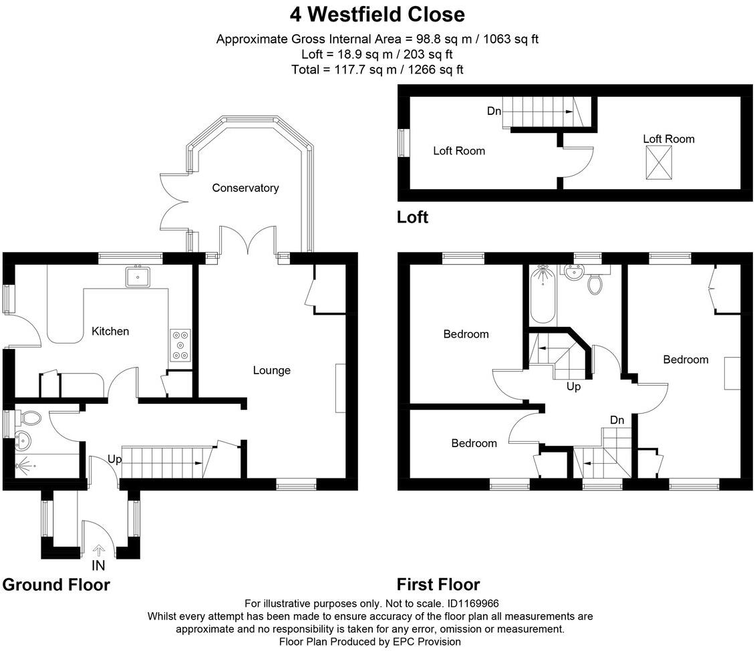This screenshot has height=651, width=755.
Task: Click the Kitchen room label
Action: (x=110, y=331)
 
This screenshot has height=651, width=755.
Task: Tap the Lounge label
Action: (x=271, y=370)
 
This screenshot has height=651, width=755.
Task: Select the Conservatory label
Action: (x=245, y=188)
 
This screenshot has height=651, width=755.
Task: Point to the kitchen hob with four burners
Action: (x=180, y=346)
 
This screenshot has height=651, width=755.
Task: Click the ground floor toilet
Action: (x=29, y=418)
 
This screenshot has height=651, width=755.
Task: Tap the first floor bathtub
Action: (x=542, y=294)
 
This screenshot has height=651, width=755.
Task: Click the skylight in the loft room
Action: (x=658, y=162)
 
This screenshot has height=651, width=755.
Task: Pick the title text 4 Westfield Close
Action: (x=377, y=14)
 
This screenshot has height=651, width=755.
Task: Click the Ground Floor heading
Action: (x=56, y=585)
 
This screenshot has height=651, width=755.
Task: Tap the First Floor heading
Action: (x=438, y=585)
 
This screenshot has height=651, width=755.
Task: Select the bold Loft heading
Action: (x=412, y=217)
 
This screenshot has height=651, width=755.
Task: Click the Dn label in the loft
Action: (x=494, y=112)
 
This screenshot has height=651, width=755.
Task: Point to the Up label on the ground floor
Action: (x=114, y=460)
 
